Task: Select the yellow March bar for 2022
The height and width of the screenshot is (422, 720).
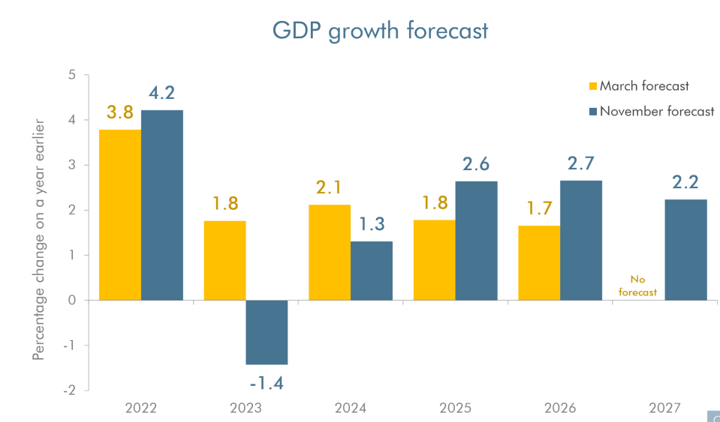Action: (x=120, y=214)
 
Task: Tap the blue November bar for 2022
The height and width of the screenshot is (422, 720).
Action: (x=162, y=205)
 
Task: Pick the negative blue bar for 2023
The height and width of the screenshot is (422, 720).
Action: (x=267, y=332)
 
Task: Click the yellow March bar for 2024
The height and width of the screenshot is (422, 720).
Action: (x=330, y=252)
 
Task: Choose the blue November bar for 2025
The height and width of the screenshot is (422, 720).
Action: (x=476, y=241)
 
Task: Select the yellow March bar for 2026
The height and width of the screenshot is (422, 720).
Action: (x=538, y=262)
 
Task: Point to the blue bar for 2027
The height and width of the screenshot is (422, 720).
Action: (x=685, y=250)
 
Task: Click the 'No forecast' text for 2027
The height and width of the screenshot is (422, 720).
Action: (x=637, y=286)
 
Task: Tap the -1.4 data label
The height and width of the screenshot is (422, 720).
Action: (x=267, y=384)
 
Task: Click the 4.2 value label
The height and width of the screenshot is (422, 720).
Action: (x=161, y=93)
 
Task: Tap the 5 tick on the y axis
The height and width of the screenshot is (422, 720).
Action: (x=72, y=75)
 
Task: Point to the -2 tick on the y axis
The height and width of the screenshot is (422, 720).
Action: (x=69, y=391)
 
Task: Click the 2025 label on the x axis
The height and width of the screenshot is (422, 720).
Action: (x=455, y=409)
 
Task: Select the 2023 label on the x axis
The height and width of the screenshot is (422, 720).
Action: (x=246, y=409)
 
